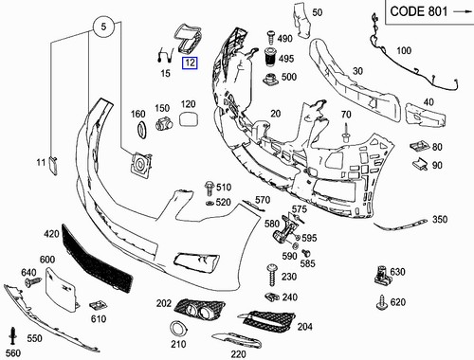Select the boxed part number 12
pos(190,63)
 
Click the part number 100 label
pos(404,50)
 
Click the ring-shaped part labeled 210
pos(176,330)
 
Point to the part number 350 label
pos(439,220)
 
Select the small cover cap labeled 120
pos(188,120)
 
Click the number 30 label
pos(359,71)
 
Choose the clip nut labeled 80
pos(418,148)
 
